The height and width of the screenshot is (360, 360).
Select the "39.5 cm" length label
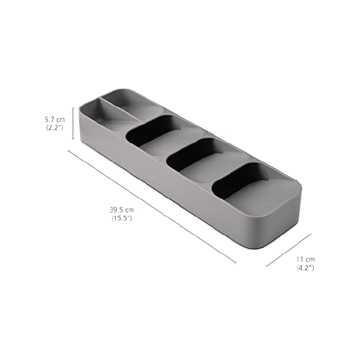[121, 210]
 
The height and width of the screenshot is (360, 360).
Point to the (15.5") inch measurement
[121, 218]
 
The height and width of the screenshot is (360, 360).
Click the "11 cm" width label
[306, 259]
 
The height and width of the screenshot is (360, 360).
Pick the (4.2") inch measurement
[306, 268]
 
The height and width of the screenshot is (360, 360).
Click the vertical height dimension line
[74, 123]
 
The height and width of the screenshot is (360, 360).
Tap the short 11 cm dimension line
[289, 249]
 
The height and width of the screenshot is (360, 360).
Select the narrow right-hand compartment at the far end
[134, 105]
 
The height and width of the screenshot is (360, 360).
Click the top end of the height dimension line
[74, 108]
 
